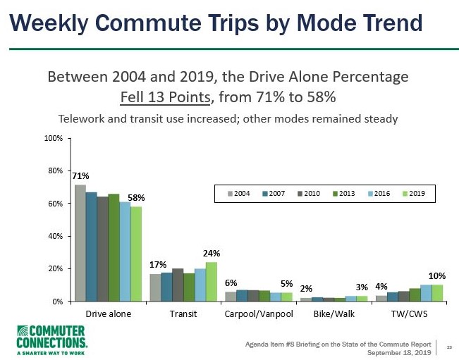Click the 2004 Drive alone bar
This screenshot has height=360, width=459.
pyautogui.click(x=80, y=243)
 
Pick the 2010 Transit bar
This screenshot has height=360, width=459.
pyautogui.click(x=178, y=285)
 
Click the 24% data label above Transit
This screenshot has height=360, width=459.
pyautogui.click(x=212, y=252)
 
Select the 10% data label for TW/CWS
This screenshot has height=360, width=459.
pyautogui.click(x=437, y=275)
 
